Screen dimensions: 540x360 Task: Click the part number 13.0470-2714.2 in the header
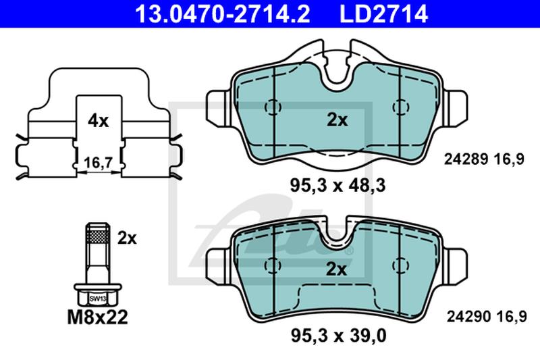[x=222, y=14]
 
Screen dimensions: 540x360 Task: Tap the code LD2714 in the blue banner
[x=383, y=14]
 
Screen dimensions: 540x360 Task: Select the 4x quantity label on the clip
[x=98, y=121]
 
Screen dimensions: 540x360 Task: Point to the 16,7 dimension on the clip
[x=99, y=163]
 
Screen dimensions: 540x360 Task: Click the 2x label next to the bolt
[x=127, y=238]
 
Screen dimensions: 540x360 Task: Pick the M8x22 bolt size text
[x=97, y=317]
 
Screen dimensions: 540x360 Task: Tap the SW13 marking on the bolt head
[x=98, y=299]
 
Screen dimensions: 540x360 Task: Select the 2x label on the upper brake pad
[x=337, y=120]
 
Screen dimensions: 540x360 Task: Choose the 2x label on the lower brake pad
[x=336, y=269]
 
